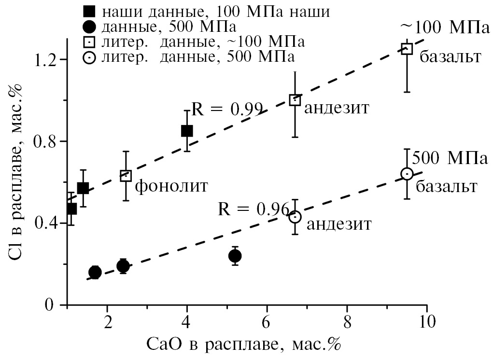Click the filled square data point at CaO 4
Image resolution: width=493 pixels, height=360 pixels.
point(187,131)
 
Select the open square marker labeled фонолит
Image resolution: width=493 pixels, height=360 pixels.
point(126,175)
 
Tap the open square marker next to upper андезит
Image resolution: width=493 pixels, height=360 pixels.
point(295,100)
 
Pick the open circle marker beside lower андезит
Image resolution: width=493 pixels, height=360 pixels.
point(295,217)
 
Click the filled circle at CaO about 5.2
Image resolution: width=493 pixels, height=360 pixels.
point(235,256)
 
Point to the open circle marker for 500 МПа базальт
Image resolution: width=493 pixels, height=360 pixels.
point(407,174)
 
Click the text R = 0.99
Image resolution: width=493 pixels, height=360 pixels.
point(227,109)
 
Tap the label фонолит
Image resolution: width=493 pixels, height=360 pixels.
point(171,185)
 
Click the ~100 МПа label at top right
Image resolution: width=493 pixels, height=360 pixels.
point(442,28)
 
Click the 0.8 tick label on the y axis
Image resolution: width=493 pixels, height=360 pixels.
point(45,141)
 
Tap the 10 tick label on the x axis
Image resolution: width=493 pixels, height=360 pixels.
point(426,320)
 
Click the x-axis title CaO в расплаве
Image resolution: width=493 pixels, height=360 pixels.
point(244,345)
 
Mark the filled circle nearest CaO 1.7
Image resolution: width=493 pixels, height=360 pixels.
point(95,272)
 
